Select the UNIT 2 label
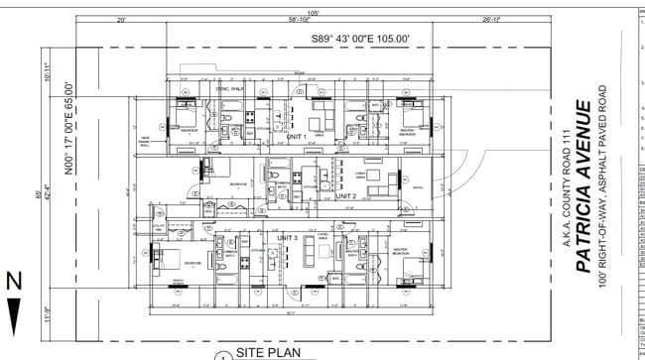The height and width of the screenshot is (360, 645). [x=345, y=196]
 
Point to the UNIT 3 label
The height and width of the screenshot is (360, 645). [x=288, y=239]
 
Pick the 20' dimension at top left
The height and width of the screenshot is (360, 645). [x=121, y=20]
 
